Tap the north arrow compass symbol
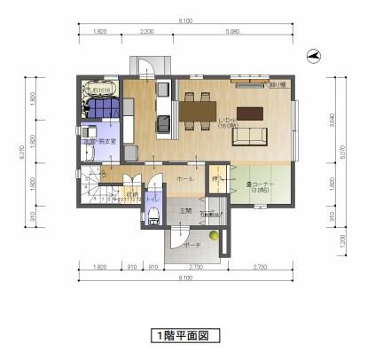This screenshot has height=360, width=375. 312,55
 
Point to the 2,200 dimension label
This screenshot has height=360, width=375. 147,30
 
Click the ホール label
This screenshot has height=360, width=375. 184,178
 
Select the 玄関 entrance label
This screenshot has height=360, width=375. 186,211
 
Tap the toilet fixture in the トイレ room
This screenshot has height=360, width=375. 152,215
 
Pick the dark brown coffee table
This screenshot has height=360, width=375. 251,113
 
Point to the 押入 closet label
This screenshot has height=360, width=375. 216,180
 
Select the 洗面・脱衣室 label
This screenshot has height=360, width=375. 99,141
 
